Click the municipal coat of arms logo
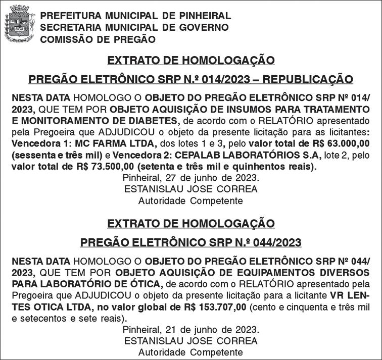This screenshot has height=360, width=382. [19, 27]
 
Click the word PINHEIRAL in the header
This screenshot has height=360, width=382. [203, 16]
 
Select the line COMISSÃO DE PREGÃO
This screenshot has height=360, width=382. [98, 39]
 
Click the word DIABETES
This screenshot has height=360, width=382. [147, 120]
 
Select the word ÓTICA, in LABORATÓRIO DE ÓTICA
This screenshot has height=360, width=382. [147, 283]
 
